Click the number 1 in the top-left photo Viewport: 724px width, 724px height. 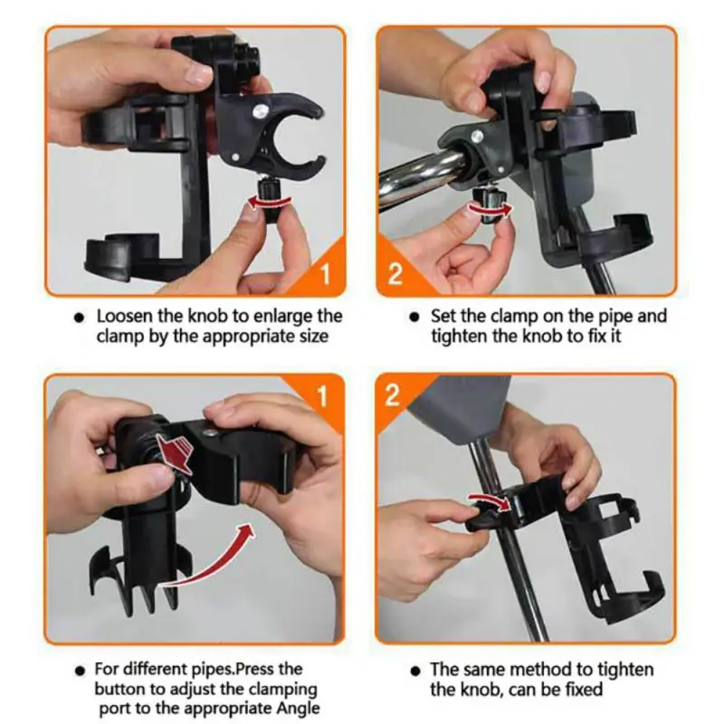pos(326,273)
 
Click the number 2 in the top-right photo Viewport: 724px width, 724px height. pos(395,273)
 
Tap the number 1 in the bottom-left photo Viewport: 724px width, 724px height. pos(322,396)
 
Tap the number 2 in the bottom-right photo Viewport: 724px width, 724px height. pos(392,395)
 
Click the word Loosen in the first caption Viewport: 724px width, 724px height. pos(124,316)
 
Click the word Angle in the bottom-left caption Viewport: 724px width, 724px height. pos(298,709)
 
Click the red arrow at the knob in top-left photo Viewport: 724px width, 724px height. pos(270,202)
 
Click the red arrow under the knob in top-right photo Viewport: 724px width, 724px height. pos(491,209)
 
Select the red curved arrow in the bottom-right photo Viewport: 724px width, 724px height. pos(490,502)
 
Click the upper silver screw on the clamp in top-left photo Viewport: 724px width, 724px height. pos(262,110)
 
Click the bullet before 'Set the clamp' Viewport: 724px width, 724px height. pos(414,318)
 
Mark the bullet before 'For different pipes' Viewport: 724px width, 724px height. pos(81,671)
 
